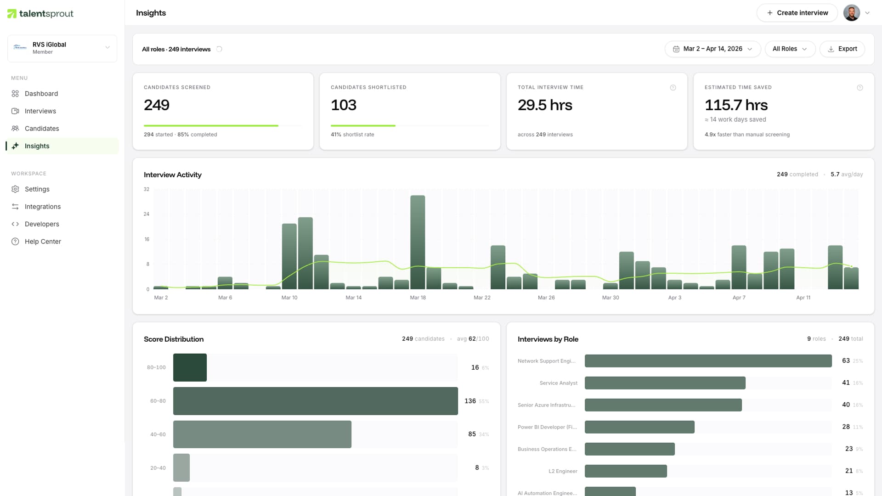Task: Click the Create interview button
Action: [x=797, y=13]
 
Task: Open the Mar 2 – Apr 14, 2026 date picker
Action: [x=712, y=49]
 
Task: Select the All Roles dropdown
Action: [x=790, y=49]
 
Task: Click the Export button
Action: [x=842, y=49]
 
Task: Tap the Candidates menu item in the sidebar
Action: [x=42, y=129]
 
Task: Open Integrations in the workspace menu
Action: [x=42, y=207]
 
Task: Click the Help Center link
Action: [x=43, y=242]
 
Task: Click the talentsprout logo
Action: [x=40, y=14]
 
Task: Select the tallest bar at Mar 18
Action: [x=418, y=242]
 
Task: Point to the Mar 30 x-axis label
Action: [x=611, y=298]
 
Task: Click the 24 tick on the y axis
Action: [x=147, y=214]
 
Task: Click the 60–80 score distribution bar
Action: [x=315, y=401]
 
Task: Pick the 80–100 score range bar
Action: [x=190, y=367]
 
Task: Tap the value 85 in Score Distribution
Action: [x=472, y=434]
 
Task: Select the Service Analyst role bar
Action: [x=665, y=383]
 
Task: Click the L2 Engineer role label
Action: [x=563, y=471]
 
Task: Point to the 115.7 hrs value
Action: [x=736, y=105]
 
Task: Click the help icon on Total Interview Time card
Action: [x=673, y=88]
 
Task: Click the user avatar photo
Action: [x=851, y=13]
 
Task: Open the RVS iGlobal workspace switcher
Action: [x=62, y=48]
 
